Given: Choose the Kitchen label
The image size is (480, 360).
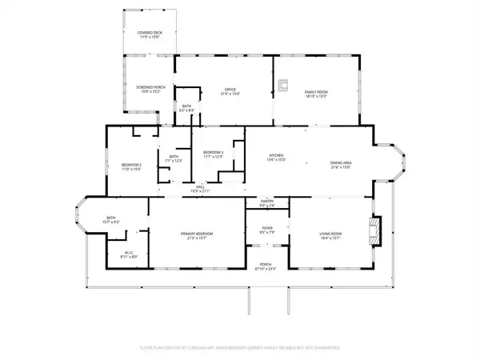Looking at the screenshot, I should [x=277, y=157].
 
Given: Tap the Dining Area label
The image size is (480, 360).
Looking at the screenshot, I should [x=341, y=166].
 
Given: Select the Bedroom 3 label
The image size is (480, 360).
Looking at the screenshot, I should [x=212, y=154].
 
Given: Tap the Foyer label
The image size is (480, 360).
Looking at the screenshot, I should [x=267, y=230].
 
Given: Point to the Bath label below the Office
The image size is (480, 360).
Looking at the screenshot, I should [x=186, y=108].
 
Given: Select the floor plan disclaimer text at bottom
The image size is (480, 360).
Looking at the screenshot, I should [x=240, y=348].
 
